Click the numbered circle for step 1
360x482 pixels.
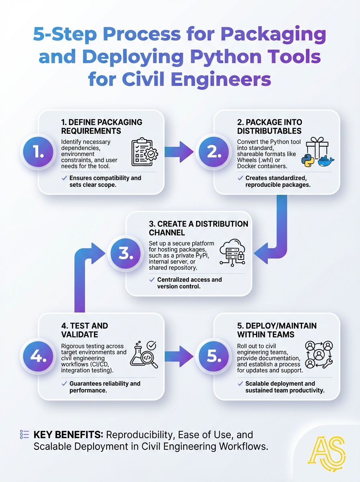click(x=38, y=152)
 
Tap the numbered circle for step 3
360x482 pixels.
click(x=125, y=253)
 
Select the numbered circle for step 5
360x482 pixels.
click(x=213, y=356)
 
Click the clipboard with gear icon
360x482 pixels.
click(x=145, y=152)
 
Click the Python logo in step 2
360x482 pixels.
click(x=307, y=161)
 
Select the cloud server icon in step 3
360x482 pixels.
click(x=232, y=253)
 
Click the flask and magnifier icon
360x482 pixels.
click(x=144, y=355)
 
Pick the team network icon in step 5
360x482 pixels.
click(x=319, y=355)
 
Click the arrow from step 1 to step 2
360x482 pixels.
click(x=179, y=152)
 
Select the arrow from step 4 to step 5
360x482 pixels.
click(x=179, y=356)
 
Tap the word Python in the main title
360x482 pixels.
click(x=226, y=57)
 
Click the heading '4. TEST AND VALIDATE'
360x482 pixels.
click(x=84, y=330)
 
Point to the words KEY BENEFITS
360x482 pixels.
click(x=68, y=435)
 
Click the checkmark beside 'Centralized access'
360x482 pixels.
click(x=152, y=280)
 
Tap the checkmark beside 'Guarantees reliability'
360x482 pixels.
click(x=64, y=384)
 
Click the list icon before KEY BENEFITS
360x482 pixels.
click(x=25, y=434)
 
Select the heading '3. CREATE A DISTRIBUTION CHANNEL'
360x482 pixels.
click(x=198, y=228)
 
